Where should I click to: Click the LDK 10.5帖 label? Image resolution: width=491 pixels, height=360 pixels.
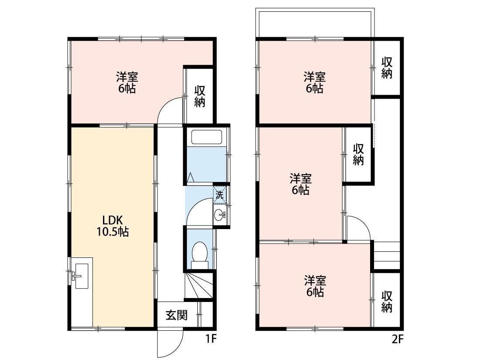113,226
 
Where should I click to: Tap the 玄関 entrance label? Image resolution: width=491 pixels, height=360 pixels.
177,315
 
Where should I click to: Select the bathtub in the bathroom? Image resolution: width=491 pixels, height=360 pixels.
207,137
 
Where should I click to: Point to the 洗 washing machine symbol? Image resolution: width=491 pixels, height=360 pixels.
220,195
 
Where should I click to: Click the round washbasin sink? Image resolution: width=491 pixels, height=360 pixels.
220,215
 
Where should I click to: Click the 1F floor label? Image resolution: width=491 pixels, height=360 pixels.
211,339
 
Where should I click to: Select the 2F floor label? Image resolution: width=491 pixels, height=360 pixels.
397,339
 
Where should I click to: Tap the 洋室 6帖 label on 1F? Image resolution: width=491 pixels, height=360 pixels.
127,82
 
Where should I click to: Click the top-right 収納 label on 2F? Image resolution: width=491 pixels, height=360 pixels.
387,68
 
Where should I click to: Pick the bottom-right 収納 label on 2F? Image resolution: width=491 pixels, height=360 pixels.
387,302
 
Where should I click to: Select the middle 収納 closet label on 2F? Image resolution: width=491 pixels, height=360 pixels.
359,154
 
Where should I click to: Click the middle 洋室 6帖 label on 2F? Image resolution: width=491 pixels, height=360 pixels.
300,185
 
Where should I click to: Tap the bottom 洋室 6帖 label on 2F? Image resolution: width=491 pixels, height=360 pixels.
315,286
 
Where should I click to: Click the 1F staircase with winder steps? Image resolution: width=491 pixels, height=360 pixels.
199,285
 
